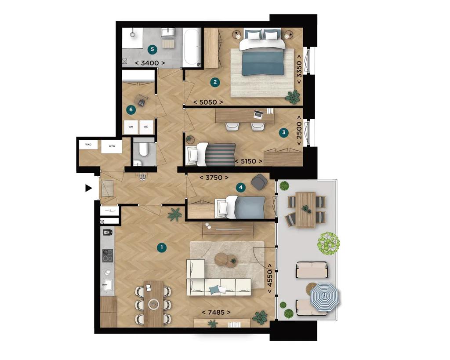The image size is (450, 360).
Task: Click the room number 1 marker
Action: pyautogui.click(x=162, y=248)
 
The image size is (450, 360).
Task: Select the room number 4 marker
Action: pyautogui.click(x=240, y=187)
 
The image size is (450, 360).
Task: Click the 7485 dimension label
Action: pyautogui.click(x=216, y=312)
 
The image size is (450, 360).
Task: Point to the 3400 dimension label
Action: pyautogui.click(x=150, y=63)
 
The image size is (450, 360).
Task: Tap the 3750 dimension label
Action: pyautogui.click(x=214, y=178)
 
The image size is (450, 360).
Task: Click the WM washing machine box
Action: pyautogui.click(x=131, y=127)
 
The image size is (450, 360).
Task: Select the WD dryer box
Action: pyautogui.click(x=146, y=127)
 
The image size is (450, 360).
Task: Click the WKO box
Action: pyautogui.click(x=89, y=145)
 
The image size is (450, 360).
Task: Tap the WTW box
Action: pyautogui.click(x=112, y=146)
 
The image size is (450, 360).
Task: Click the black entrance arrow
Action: pyautogui.click(x=88, y=188)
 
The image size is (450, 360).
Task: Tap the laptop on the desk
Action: pyautogui.click(x=258, y=115)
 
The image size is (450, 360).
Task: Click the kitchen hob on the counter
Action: pyautogui.click(x=108, y=255)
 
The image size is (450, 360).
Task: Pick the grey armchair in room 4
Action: pyautogui.click(x=259, y=182)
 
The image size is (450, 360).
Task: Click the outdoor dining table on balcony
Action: pyautogui.click(x=306, y=209)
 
